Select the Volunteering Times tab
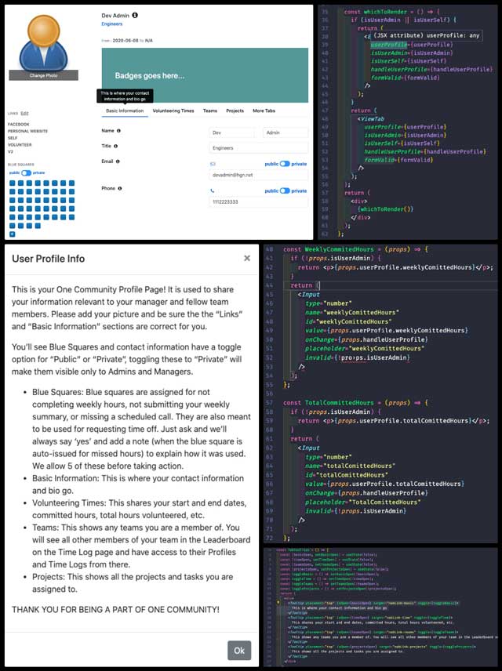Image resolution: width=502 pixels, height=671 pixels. [173, 111]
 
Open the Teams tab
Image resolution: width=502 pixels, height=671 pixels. [209, 111]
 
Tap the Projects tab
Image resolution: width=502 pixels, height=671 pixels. [235, 111]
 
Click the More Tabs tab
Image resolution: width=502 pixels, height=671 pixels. [264, 111]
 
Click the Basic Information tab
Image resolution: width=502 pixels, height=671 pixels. [125, 111]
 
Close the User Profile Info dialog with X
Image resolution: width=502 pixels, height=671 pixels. [247, 257]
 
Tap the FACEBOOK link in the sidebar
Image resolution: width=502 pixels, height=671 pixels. [19, 124]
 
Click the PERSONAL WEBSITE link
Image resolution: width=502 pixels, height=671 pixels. [28, 131]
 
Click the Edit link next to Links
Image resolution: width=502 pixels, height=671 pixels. [24, 114]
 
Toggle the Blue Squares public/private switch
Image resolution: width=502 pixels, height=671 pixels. [27, 172]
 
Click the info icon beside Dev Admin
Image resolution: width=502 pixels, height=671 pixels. [135, 15]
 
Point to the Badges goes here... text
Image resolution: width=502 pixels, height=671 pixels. [149, 76]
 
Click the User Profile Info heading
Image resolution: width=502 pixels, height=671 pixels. [49, 258]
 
